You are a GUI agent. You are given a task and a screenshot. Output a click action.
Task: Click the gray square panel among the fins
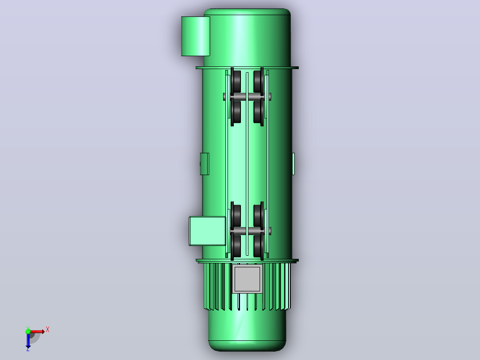[x=247, y=279]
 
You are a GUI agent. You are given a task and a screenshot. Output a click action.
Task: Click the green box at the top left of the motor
[x=195, y=36]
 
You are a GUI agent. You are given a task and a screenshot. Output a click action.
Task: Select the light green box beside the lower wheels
[x=207, y=231]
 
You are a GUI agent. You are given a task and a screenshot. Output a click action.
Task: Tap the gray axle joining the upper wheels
[x=247, y=97]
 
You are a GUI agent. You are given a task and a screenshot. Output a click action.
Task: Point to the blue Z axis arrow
[x=28, y=340]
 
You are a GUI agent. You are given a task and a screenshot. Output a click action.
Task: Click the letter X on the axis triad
[x=48, y=330]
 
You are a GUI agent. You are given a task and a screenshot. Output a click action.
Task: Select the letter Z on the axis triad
[x=28, y=349]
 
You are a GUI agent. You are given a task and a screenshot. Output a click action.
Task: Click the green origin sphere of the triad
[x=28, y=331]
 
